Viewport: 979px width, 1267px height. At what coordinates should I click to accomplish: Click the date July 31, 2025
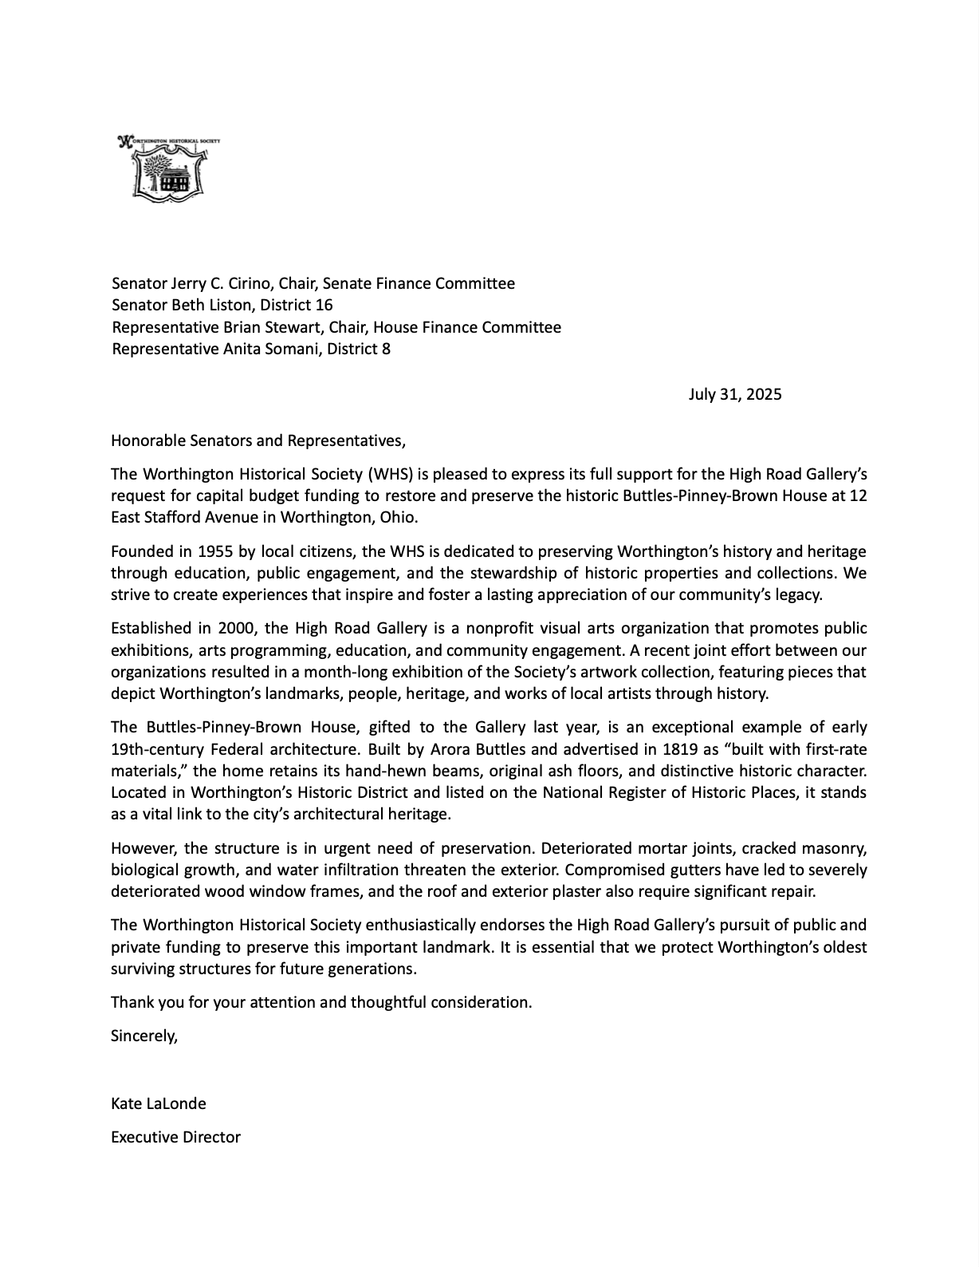735,394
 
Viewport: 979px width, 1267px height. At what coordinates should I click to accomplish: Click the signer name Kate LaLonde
159,1104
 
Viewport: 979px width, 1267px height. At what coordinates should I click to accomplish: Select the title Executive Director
175,1138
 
